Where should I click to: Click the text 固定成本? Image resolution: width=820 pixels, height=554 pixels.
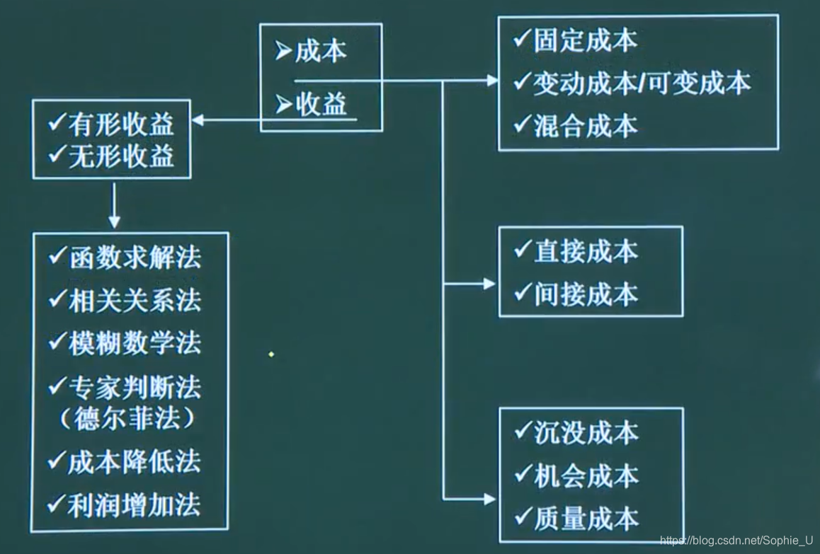(585, 41)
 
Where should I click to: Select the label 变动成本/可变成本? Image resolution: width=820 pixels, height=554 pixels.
(642, 83)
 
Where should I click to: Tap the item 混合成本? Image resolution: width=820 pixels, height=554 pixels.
(585, 126)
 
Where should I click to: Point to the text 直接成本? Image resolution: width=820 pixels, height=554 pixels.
(585, 252)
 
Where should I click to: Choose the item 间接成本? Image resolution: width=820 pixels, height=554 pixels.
(585, 294)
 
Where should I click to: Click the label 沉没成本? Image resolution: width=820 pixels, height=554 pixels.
(585, 433)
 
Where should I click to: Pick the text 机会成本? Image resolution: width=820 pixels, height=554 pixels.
(585, 475)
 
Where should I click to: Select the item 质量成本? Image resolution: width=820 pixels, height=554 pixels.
(585, 518)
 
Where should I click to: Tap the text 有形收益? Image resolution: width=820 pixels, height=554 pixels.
(120, 125)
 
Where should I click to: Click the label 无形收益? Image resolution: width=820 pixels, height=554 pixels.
(120, 156)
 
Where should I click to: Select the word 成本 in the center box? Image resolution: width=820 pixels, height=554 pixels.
(321, 52)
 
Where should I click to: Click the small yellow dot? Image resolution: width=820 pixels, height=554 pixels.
(271, 354)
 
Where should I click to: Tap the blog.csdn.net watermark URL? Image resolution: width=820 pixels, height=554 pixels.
(736, 541)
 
